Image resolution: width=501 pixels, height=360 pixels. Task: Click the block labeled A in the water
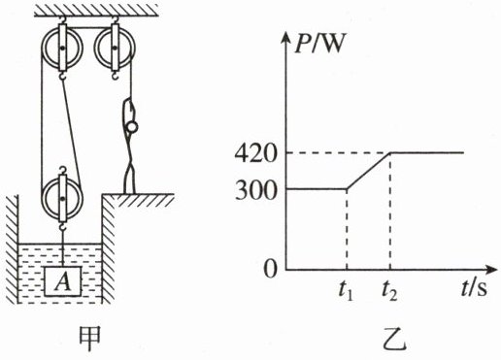pyautogui.click(x=62, y=281)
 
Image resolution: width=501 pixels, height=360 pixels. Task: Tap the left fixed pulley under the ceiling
pyautogui.click(x=62, y=48)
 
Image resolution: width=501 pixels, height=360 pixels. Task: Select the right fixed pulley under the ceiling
pyautogui.click(x=115, y=48)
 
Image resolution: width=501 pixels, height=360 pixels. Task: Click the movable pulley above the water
pyautogui.click(x=62, y=198)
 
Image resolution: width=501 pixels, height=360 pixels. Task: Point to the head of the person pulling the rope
pyautogui.click(x=132, y=127)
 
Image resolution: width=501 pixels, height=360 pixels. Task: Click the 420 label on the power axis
pyautogui.click(x=255, y=154)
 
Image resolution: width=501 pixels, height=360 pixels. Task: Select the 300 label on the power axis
pyautogui.click(x=255, y=191)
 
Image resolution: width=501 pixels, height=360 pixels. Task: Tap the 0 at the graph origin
pyautogui.click(x=270, y=269)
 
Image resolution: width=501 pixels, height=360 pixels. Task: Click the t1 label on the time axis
pyautogui.click(x=346, y=290)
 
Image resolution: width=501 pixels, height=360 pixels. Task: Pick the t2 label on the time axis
pyautogui.click(x=389, y=290)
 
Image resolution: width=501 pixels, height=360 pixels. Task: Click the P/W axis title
pyautogui.click(x=318, y=44)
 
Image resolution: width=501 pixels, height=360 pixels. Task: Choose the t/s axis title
pyautogui.click(x=474, y=288)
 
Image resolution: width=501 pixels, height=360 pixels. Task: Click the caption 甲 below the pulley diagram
pyautogui.click(x=90, y=339)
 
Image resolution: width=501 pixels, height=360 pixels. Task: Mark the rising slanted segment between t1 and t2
pyautogui.click(x=369, y=171)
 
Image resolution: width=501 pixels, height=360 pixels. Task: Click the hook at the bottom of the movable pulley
pyautogui.click(x=62, y=225)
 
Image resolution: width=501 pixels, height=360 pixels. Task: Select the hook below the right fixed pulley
pyautogui.click(x=115, y=76)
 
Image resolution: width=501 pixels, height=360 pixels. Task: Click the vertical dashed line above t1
pyautogui.click(x=347, y=229)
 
